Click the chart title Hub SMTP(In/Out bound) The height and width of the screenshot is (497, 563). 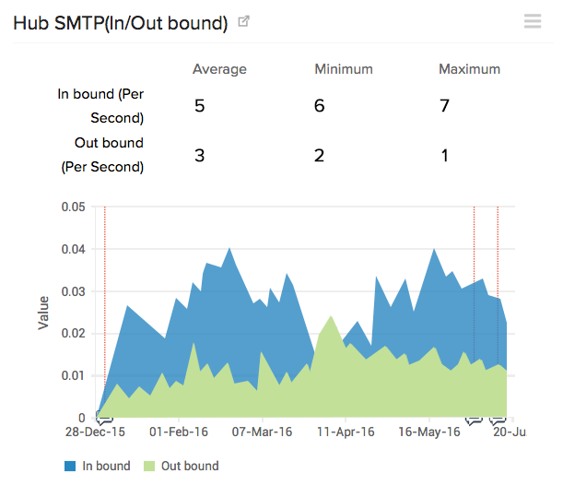(x=121, y=23)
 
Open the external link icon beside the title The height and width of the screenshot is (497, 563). (x=243, y=21)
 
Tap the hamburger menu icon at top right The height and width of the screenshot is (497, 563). (x=533, y=21)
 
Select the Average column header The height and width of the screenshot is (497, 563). (x=219, y=69)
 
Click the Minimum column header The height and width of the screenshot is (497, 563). (x=344, y=69)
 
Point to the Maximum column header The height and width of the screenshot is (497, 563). (x=470, y=69)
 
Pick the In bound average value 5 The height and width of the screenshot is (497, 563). (x=200, y=106)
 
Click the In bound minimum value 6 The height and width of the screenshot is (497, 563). (x=320, y=106)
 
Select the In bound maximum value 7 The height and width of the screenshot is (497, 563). (x=445, y=106)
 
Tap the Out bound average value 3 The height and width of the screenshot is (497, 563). (x=200, y=155)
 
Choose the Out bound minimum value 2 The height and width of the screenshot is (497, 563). (x=320, y=155)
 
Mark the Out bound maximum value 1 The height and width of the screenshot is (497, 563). (x=445, y=155)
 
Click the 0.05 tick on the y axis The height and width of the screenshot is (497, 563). (x=73, y=207)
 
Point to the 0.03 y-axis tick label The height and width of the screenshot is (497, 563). (x=73, y=291)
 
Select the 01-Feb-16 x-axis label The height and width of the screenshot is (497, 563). (x=179, y=432)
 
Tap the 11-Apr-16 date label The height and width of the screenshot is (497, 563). (x=346, y=432)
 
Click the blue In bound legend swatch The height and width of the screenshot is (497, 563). (x=70, y=467)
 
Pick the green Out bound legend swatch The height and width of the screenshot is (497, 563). (x=149, y=467)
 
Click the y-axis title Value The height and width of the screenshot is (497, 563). (x=43, y=313)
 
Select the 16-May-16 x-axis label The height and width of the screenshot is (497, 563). (x=429, y=432)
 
